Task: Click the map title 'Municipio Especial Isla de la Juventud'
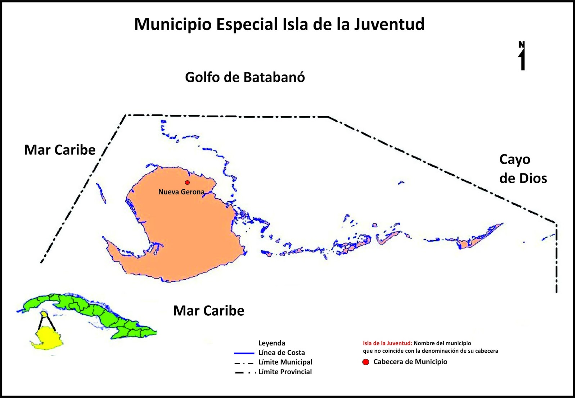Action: pos(279,24)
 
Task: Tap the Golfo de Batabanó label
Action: pos(245,77)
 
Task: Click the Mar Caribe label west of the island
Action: pos(60,150)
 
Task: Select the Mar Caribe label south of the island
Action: pos(208,311)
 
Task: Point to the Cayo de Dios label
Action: pos(523,169)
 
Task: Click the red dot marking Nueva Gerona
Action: pos(187,182)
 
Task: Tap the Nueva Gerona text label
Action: pos(181,192)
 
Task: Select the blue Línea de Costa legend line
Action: pos(244,353)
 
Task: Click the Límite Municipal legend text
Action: pos(285,362)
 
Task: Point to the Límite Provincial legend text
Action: pos(285,372)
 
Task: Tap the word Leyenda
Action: pos(271,343)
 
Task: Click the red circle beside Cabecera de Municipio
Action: pos(366,362)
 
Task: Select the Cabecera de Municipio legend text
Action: pos(410,362)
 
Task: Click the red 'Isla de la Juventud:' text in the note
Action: pos(387,343)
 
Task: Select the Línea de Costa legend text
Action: pos(282,353)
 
